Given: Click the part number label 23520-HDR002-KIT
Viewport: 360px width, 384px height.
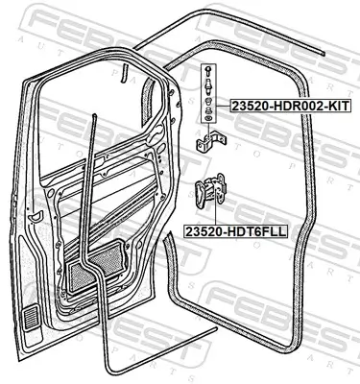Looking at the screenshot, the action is pyautogui.click(x=290, y=106).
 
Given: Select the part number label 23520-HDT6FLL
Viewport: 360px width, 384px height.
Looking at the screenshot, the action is pyautogui.click(x=235, y=231).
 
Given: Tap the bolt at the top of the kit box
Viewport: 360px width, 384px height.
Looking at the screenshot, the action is pyautogui.click(x=208, y=70).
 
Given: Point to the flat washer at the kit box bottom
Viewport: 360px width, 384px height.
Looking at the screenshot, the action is pyautogui.click(x=208, y=119).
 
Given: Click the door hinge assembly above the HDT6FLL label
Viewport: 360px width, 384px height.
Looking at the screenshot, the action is pyautogui.click(x=211, y=191).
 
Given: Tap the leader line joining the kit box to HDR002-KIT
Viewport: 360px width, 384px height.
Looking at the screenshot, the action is pyautogui.click(x=223, y=106).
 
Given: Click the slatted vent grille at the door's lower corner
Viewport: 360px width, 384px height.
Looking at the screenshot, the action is pyautogui.click(x=31, y=318).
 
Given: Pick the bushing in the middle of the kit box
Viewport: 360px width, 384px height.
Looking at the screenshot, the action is pyautogui.click(x=208, y=102).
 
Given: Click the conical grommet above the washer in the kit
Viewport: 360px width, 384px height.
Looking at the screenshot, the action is pyautogui.click(x=208, y=111).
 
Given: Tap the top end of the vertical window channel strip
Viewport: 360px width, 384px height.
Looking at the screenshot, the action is pyautogui.click(x=94, y=114).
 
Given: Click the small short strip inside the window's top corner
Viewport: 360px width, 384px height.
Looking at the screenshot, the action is pyautogui.click(x=124, y=74).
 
